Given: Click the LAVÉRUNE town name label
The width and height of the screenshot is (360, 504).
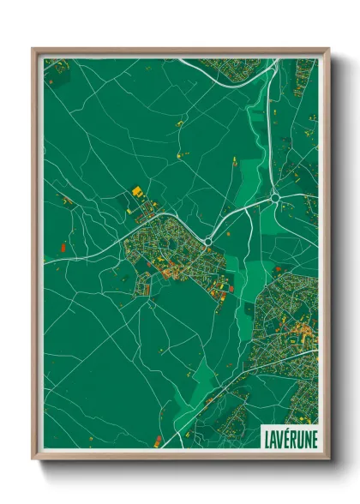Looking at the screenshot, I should pyautogui.click(x=288, y=437).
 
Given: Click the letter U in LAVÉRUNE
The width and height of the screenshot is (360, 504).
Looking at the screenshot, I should pyautogui.click(x=297, y=437).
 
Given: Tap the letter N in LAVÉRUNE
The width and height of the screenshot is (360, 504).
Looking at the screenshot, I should pyautogui.click(x=304, y=437).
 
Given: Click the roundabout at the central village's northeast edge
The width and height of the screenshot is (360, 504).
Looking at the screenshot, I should pyautogui.click(x=207, y=240).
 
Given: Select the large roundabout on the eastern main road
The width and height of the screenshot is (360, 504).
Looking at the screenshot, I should pyautogui.click(x=275, y=198).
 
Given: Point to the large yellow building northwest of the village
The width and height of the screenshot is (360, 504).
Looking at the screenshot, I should pyautogui.click(x=135, y=192).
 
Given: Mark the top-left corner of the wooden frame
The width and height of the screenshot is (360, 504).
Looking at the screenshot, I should pyautogui.click(x=33, y=48).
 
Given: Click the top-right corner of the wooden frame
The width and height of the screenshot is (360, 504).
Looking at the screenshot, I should pyautogui.click(x=328, y=48).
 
